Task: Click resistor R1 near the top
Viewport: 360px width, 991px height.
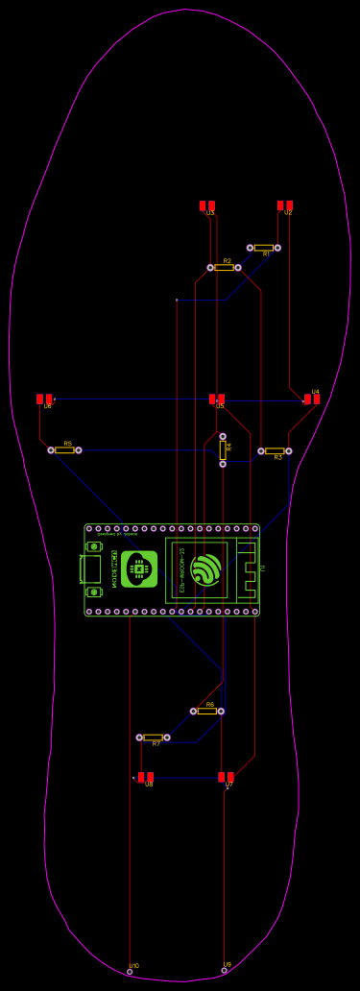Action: (264, 248)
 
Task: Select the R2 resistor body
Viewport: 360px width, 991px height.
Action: (224, 267)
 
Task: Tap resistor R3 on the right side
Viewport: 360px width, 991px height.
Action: (275, 450)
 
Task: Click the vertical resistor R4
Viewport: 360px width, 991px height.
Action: (223, 449)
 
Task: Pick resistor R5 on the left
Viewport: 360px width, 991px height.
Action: (64, 449)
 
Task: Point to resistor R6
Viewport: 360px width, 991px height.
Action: (206, 711)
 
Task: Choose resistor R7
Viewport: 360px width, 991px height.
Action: (153, 737)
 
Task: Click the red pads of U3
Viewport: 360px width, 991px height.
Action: (206, 205)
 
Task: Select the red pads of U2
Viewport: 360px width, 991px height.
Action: (284, 205)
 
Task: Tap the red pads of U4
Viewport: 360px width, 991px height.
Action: (312, 399)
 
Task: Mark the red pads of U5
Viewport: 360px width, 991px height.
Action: (217, 399)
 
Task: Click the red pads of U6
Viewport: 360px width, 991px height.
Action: (44, 399)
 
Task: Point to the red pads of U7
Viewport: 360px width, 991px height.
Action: (226, 777)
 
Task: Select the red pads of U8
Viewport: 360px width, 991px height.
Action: (145, 777)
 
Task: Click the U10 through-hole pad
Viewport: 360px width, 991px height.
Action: (130, 972)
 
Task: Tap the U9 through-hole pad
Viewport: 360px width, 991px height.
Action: (225, 970)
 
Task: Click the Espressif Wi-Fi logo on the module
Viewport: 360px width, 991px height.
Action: (205, 569)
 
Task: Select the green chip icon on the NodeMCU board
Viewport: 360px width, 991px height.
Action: (139, 569)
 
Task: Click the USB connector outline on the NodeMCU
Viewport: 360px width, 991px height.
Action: (90, 568)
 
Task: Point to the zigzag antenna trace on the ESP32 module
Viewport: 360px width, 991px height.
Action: (249, 569)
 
